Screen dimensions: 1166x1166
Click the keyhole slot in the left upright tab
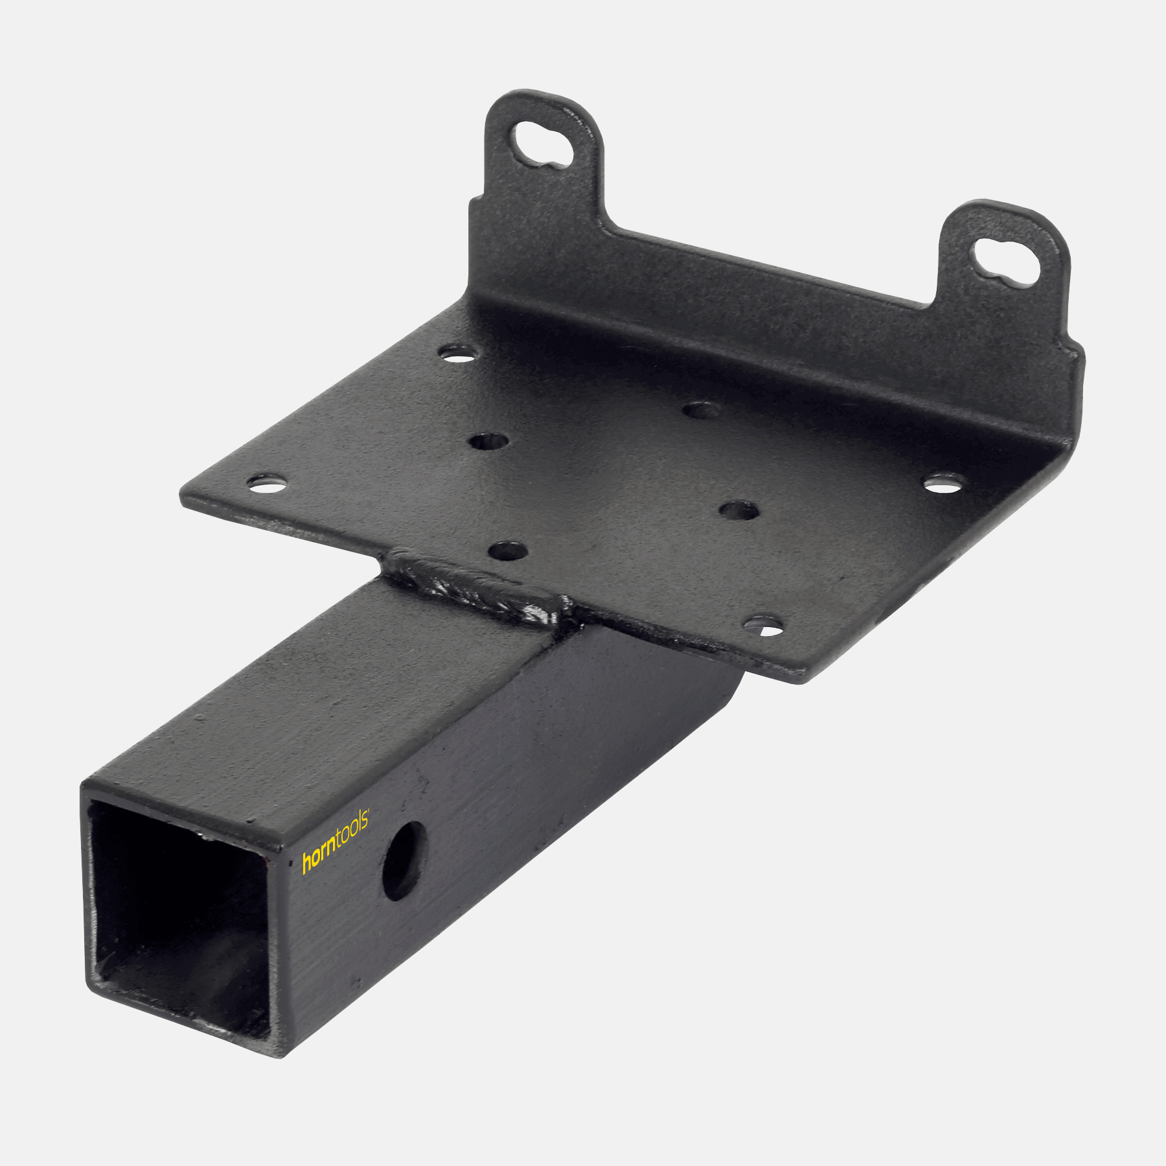543,145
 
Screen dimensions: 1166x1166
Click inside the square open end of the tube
178,920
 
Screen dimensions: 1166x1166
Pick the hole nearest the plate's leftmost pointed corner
267,483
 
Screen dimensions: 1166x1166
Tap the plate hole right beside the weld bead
507,552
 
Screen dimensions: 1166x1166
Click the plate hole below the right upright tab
943,483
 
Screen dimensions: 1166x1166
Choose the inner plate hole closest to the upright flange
701,409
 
